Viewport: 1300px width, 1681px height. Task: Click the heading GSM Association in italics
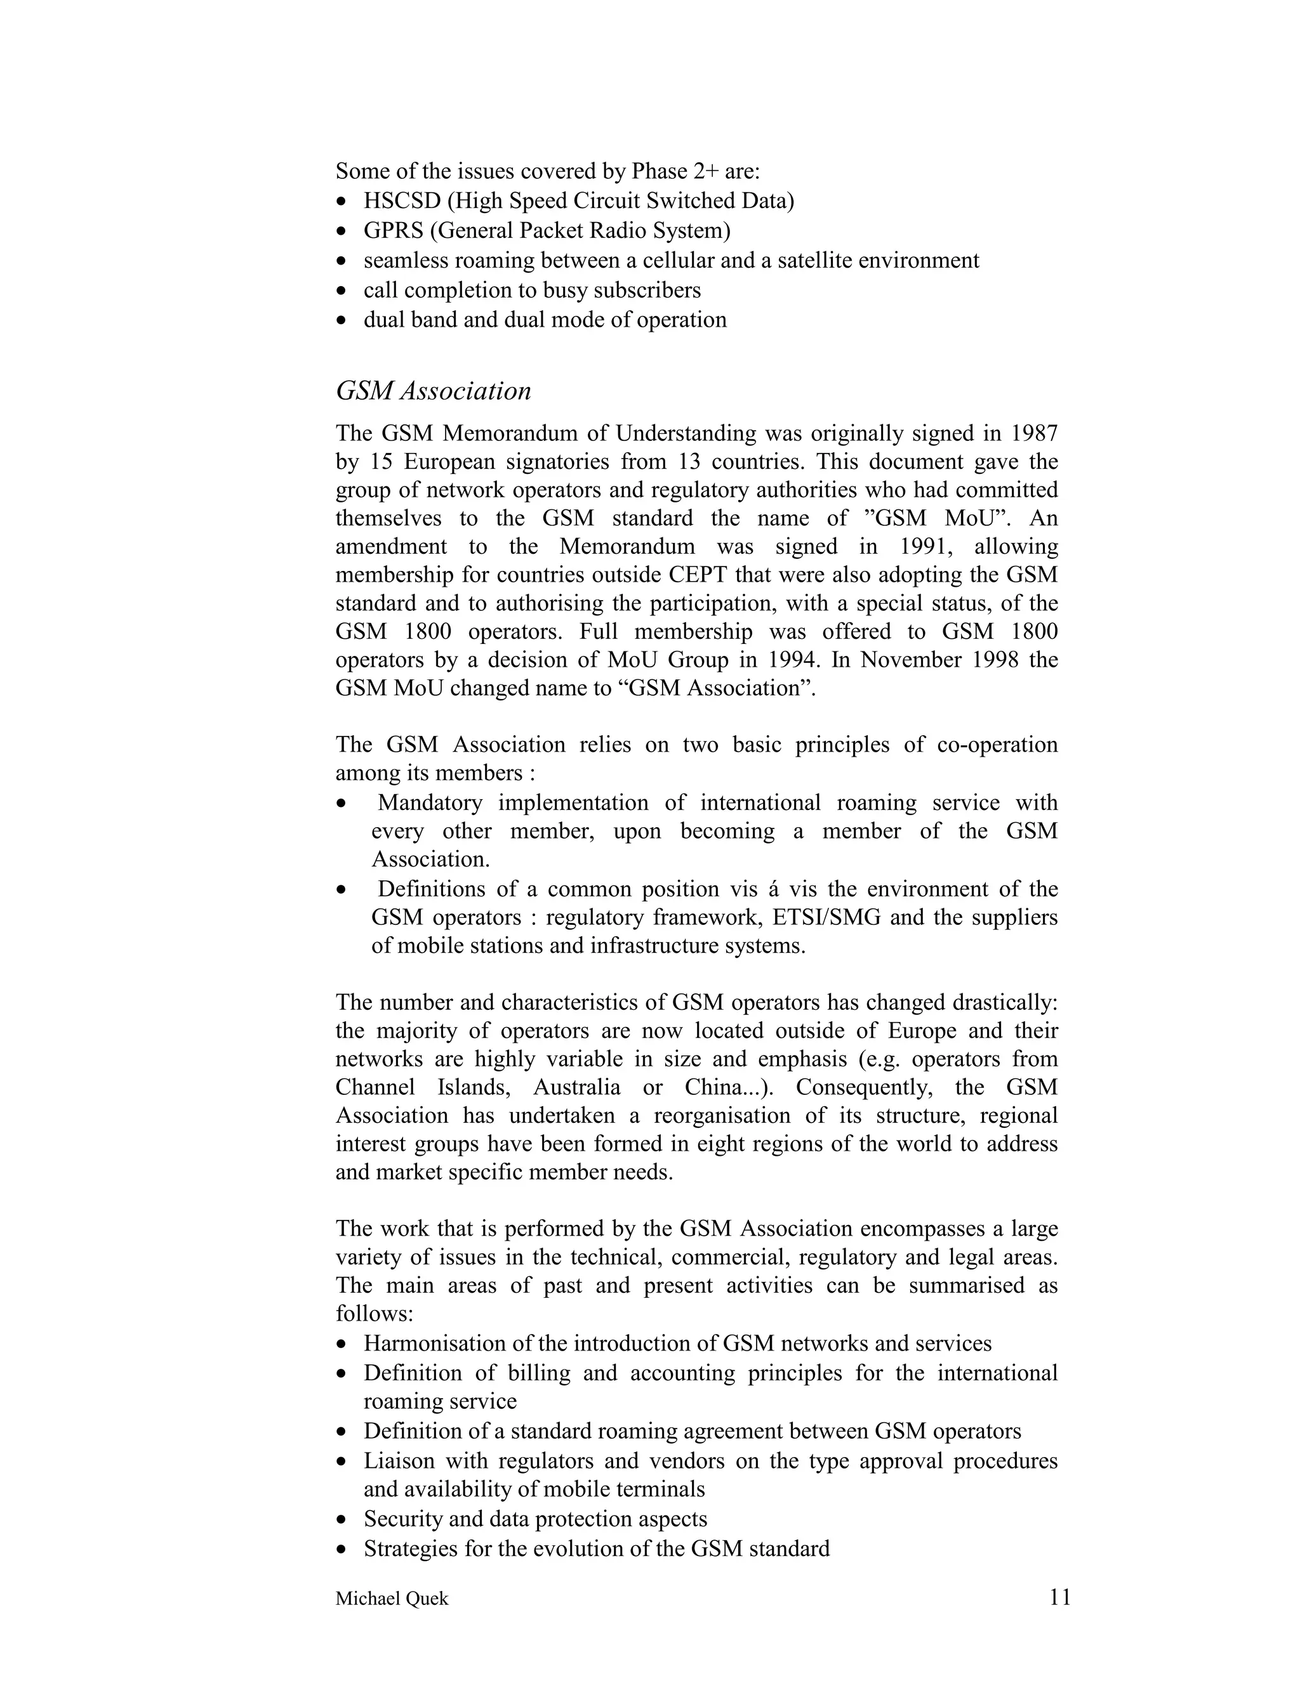[433, 391]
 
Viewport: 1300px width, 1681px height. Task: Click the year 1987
[1033, 433]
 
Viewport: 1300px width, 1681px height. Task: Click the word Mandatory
[430, 803]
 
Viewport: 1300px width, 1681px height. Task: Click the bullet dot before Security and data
[343, 1520]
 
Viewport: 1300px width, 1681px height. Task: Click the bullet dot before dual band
[343, 321]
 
